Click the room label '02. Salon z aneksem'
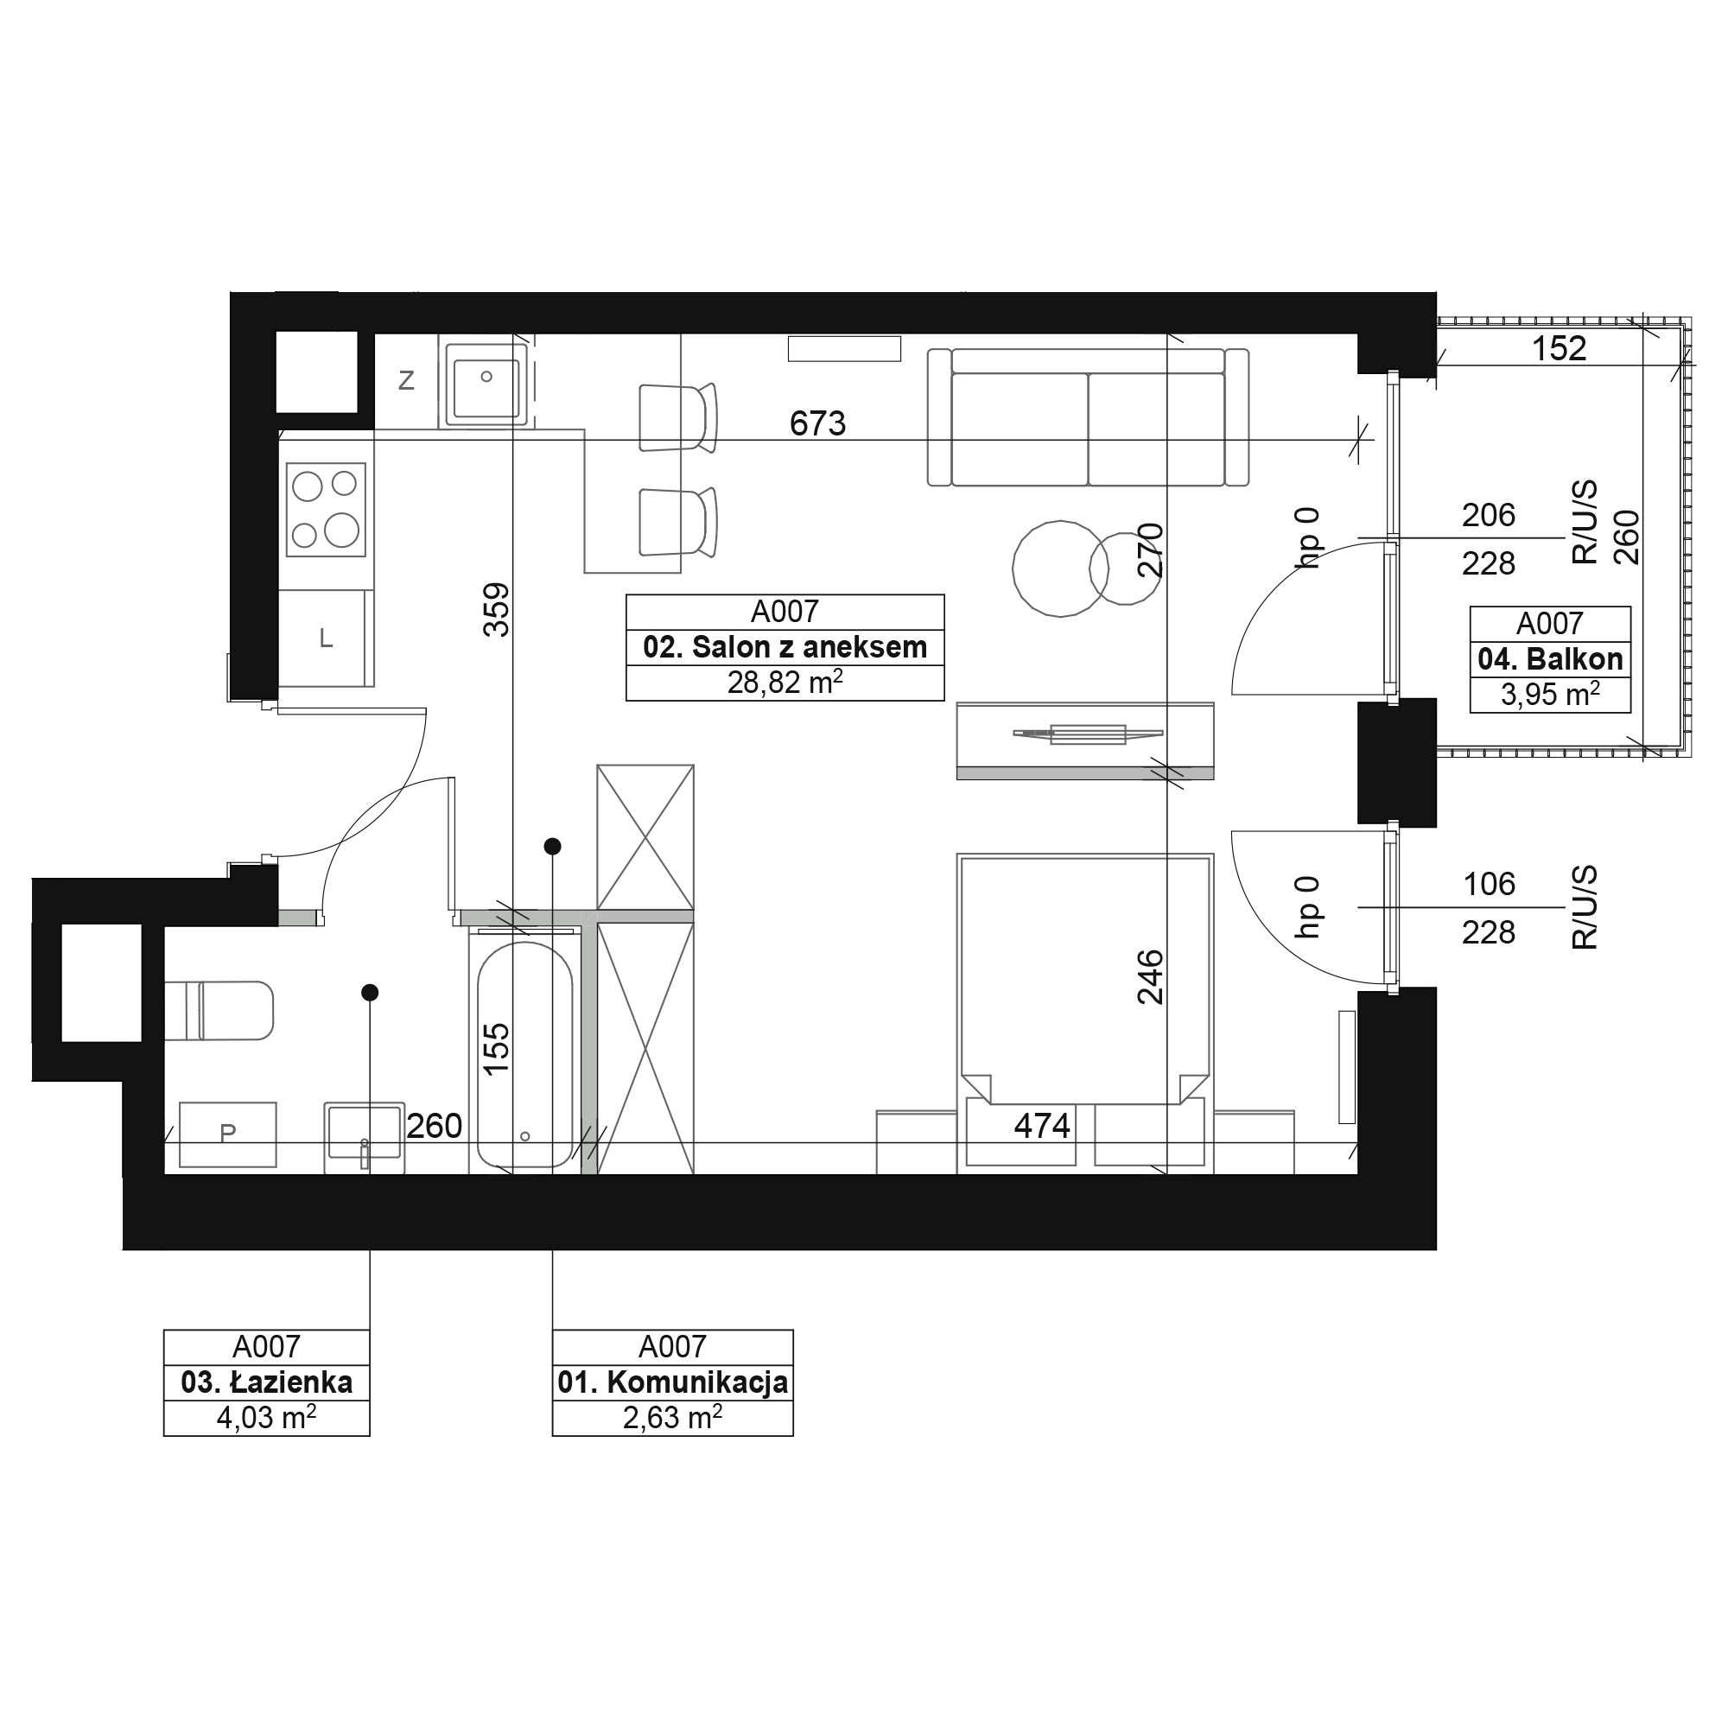785,647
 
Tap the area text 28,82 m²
785,683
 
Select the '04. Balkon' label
1550,659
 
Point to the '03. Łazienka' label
266,1382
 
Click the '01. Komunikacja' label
672,1382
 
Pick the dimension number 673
817,423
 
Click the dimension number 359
497,610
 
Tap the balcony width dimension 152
1559,349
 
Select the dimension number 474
1042,1125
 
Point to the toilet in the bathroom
219,1011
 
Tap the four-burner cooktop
326,509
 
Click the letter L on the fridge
327,638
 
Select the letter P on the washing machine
228,1133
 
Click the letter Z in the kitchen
406,381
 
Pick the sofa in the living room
1088,416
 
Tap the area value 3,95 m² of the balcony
1550,694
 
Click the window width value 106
1490,885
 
